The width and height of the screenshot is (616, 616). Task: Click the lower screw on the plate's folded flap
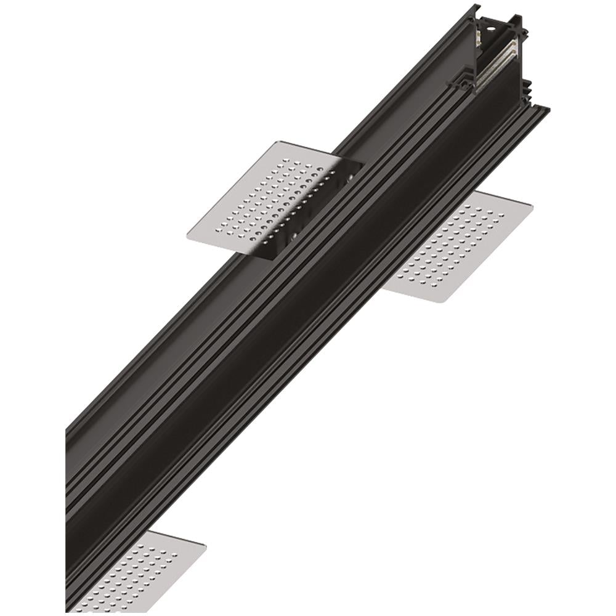294,236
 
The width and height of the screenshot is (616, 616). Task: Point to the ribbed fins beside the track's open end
525,92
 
